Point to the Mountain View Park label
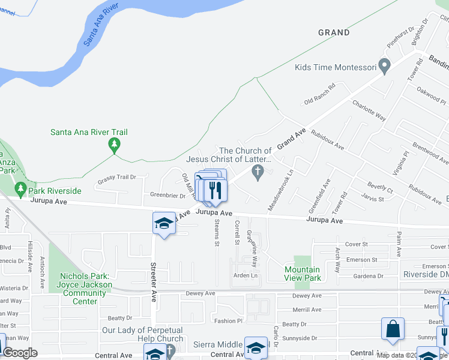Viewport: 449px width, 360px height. point(303,274)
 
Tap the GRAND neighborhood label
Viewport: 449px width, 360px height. point(334,32)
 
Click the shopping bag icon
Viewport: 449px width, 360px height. point(393,329)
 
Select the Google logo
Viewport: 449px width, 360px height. point(20,353)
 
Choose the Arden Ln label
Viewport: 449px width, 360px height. point(245,275)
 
